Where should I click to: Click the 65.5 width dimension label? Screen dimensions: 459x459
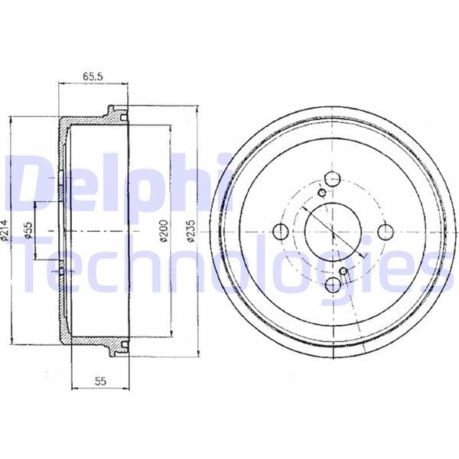(93, 76)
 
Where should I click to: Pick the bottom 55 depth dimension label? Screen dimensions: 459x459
(100, 382)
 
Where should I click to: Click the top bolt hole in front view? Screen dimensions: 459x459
(333, 179)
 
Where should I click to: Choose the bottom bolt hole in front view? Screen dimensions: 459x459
(333, 284)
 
